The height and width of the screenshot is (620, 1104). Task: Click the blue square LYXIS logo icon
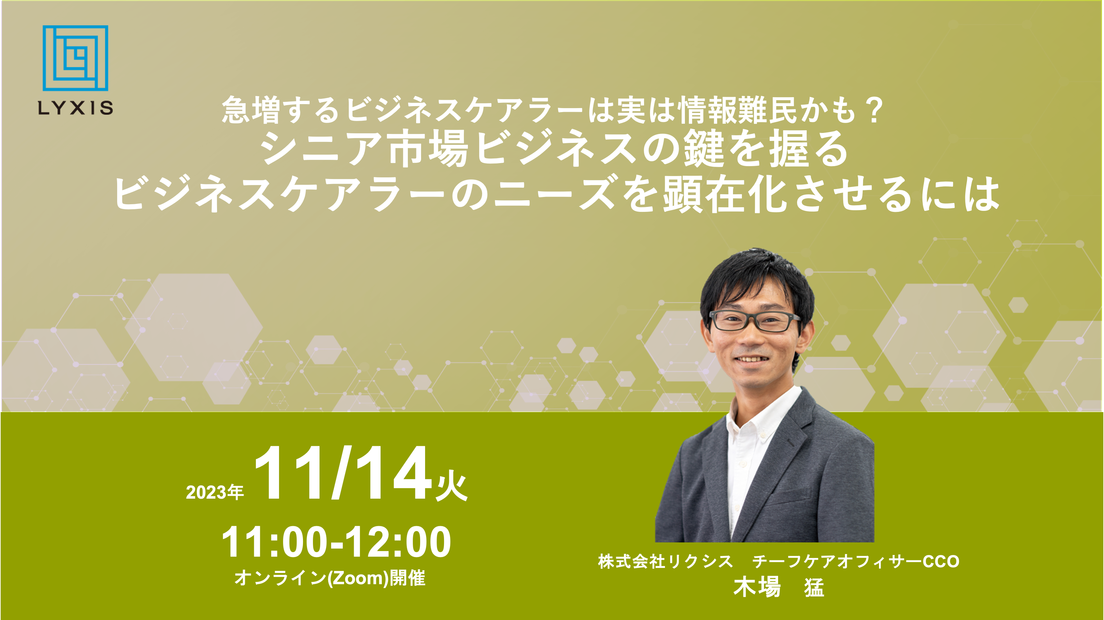pyautogui.click(x=75, y=58)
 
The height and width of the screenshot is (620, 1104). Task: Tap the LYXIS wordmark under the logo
pyautogui.click(x=75, y=107)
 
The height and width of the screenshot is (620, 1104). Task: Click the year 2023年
pyautogui.click(x=215, y=492)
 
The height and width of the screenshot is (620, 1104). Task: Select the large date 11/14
pyautogui.click(x=342, y=473)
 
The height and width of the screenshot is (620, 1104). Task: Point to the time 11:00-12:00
pyautogui.click(x=336, y=542)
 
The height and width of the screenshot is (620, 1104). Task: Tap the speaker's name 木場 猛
pyautogui.click(x=779, y=588)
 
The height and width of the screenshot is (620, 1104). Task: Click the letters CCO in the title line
pyautogui.click(x=941, y=562)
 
